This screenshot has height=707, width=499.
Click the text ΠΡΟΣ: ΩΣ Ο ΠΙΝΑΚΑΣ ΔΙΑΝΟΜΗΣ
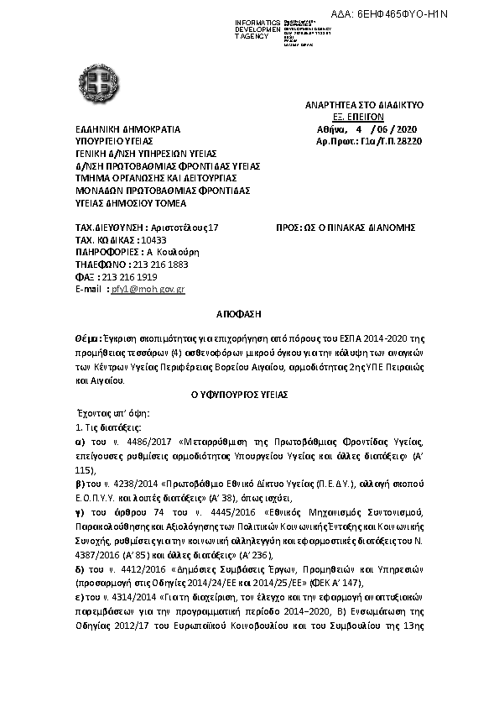click(x=346, y=228)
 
